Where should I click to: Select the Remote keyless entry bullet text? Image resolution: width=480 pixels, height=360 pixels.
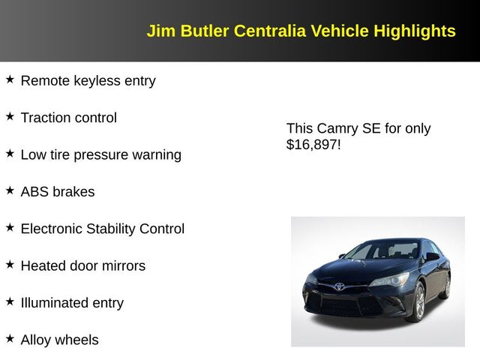pos(88,80)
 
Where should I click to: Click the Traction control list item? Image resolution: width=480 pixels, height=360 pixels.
pos(68,118)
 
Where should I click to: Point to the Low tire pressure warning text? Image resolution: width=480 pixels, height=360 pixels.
pos(100,154)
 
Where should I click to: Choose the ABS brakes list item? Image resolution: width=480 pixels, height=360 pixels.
pos(58,191)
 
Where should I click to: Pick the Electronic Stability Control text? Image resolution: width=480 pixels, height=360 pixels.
pos(102,229)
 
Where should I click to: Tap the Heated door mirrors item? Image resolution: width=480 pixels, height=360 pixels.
pos(82,265)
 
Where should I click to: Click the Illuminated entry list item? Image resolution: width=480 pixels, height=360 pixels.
pos(72,303)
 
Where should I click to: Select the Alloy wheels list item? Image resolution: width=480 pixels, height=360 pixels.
pos(59,340)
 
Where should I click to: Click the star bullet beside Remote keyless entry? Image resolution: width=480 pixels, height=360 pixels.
pos(10,79)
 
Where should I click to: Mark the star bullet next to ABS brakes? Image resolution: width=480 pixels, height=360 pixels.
pos(10,190)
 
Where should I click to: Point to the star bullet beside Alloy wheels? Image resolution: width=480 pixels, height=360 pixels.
pos(10,338)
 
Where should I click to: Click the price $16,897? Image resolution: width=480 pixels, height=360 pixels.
pos(313,145)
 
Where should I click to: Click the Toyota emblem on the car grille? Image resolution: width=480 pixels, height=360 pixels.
pos(339,286)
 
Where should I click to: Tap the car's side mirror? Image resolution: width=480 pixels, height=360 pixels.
pos(432,256)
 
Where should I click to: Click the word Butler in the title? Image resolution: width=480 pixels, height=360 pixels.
pos(203,31)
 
